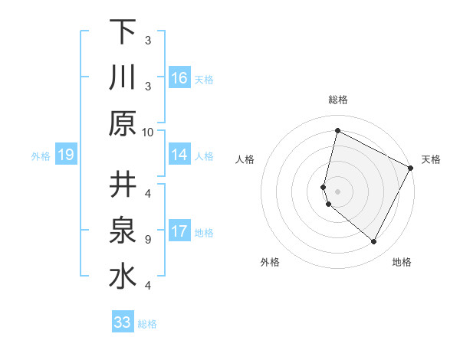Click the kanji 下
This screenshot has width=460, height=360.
point(123,32)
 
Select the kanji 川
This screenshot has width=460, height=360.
point(123,78)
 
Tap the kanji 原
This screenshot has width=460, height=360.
point(123,123)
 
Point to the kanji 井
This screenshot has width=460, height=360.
point(123,185)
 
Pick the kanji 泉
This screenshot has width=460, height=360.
point(123,231)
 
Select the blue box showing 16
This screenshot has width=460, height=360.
point(179,78)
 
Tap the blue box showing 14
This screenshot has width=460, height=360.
point(179,155)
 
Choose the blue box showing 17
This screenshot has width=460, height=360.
point(179,231)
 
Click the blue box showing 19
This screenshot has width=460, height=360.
point(65,155)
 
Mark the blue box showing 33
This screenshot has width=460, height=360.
point(123,322)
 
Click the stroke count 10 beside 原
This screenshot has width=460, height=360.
point(148,132)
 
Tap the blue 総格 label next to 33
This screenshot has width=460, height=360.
point(147,324)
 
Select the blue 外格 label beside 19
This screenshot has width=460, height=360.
point(41,156)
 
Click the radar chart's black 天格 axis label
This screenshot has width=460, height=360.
point(431,159)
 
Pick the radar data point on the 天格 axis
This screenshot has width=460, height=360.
point(411,168)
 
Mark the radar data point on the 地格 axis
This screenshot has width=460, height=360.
point(373,242)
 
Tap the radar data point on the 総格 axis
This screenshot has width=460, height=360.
point(337,131)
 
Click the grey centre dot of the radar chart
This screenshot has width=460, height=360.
point(337,191)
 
